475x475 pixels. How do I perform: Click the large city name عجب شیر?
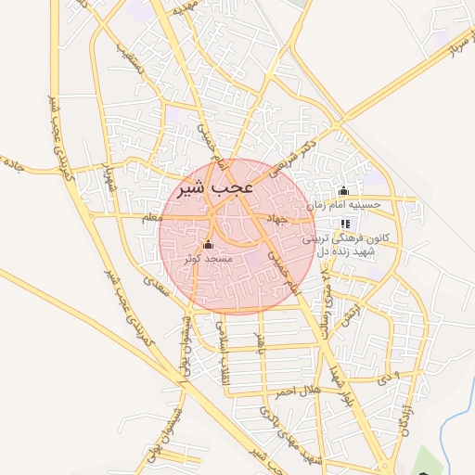pos(214,188)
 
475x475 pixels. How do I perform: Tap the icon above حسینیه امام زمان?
pos(344,191)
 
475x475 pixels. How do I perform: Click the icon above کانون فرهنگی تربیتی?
pos(346,224)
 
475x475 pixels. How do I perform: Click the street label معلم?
pos(148,217)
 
